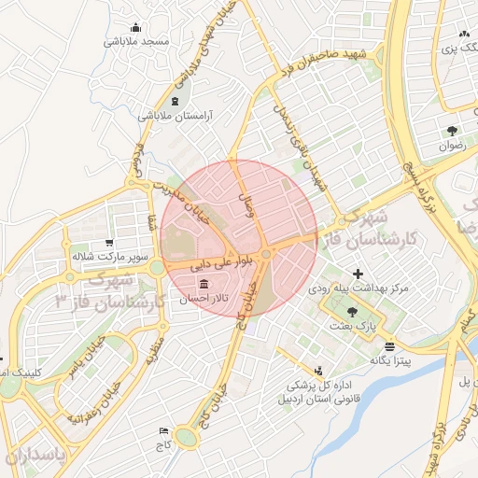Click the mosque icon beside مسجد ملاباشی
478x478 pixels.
(x=137, y=27)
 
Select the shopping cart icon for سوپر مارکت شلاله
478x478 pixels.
(x=110, y=242)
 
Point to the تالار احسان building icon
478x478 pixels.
(x=202, y=282)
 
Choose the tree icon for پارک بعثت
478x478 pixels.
(x=351, y=312)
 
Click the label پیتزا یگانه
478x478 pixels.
(x=390, y=359)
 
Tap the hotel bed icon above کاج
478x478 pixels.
(x=165, y=431)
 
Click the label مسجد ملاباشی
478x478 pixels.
(x=134, y=42)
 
